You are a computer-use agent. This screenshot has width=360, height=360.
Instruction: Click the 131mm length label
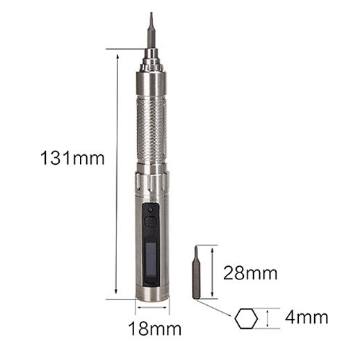point(72,158)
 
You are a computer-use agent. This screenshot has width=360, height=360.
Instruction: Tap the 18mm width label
point(155,328)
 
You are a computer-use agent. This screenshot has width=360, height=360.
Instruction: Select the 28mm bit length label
point(250,273)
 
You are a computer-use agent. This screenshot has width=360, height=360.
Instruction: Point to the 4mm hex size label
point(306,317)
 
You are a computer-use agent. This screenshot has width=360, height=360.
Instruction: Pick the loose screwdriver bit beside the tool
point(196,272)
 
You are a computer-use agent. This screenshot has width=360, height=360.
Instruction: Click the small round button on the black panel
point(150,210)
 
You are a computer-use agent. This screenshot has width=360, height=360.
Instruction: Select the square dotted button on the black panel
point(151,222)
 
